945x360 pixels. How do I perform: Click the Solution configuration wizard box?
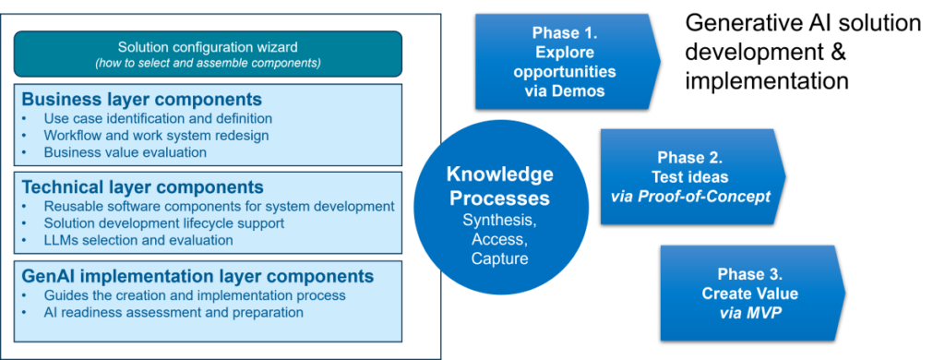click(x=208, y=54)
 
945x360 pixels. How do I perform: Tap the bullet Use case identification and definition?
click(x=158, y=118)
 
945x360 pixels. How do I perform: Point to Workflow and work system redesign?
click(x=156, y=135)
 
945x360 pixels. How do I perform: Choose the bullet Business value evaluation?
click(x=126, y=152)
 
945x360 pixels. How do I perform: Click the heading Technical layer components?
click(x=142, y=186)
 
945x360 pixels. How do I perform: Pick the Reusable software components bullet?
click(x=220, y=206)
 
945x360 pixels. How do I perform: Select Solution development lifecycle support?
click(x=164, y=223)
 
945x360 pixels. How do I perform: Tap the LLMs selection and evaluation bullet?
click(x=138, y=240)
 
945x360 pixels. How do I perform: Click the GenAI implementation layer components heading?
click(x=197, y=276)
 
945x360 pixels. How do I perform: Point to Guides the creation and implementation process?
click(x=195, y=295)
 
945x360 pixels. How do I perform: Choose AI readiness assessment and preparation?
click(x=173, y=312)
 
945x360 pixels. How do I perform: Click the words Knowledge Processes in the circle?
click(x=499, y=186)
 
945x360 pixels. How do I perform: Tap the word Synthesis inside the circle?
click(x=499, y=220)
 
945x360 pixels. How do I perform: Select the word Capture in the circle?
click(x=499, y=258)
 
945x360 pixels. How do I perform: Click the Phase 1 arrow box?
click(x=568, y=62)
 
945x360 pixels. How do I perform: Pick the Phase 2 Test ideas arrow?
click(x=693, y=176)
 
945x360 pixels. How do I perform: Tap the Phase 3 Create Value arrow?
click(x=753, y=293)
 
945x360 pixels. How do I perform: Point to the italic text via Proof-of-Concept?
click(x=690, y=198)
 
